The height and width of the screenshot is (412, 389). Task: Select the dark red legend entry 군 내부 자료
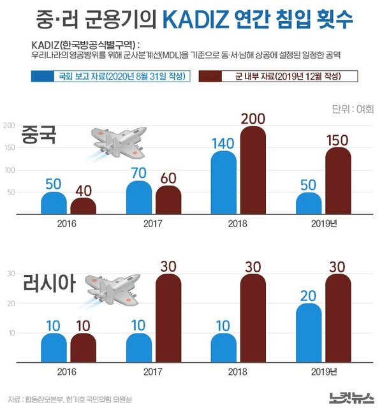278,77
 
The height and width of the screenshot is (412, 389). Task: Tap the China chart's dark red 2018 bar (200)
253,171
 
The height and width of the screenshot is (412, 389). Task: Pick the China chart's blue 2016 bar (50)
54,203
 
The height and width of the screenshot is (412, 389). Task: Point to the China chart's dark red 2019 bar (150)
338,182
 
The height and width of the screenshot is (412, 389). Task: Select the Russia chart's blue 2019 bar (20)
309,333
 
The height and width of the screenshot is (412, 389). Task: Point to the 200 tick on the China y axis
10,126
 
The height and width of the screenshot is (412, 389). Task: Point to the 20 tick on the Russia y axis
11,304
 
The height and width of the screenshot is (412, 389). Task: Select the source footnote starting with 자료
71,399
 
